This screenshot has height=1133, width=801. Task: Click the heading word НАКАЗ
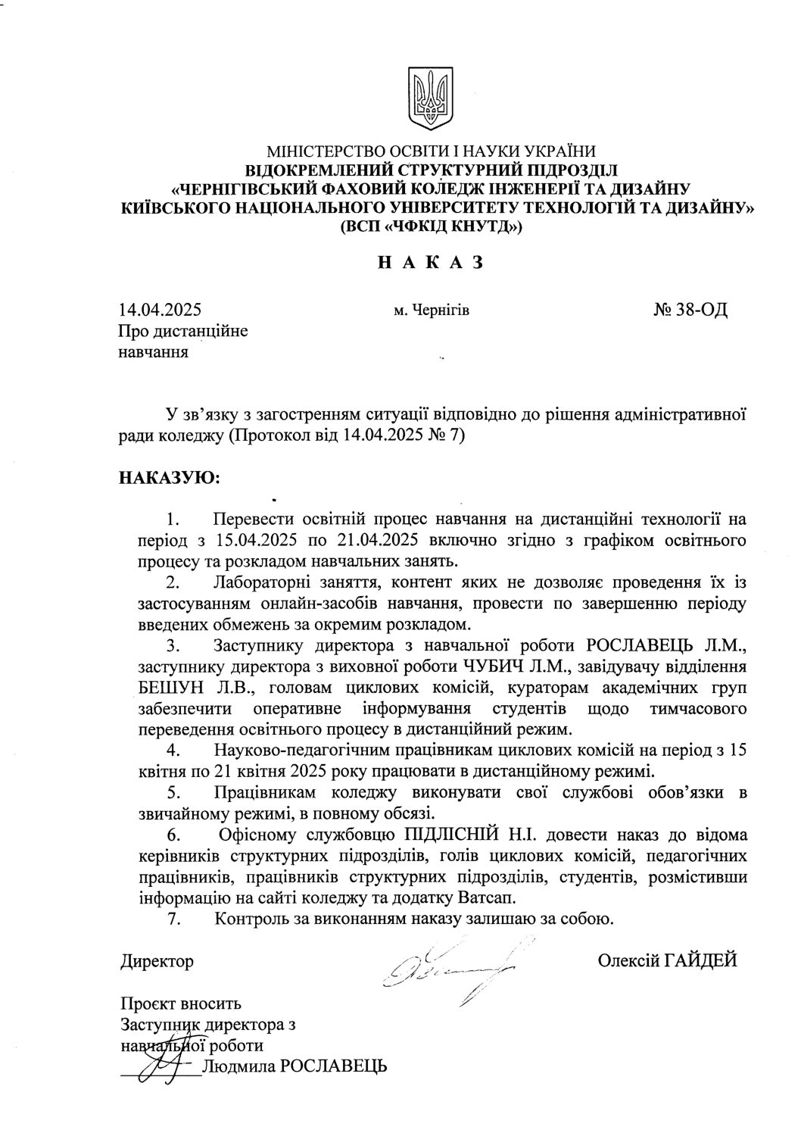pos(430,263)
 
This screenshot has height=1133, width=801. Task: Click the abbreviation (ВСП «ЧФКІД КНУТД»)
pos(431,226)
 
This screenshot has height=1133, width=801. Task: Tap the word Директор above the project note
pos(157,962)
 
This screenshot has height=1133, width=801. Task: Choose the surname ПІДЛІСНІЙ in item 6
pos(445,836)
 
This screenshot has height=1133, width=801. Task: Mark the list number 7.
pos(173,920)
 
